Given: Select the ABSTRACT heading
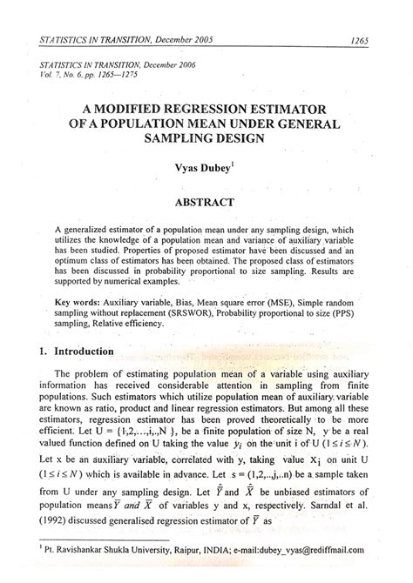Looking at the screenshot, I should [x=206, y=202].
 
